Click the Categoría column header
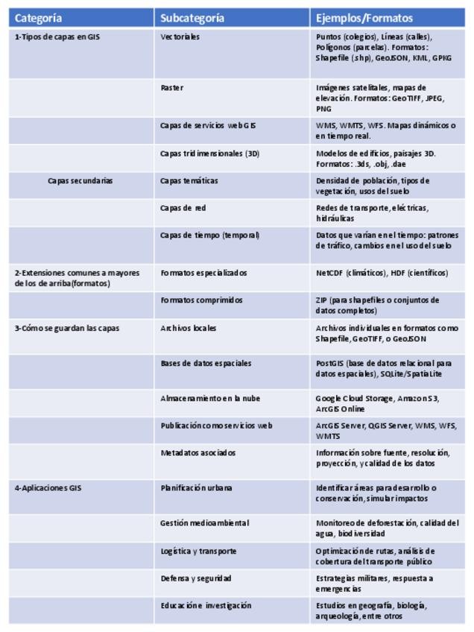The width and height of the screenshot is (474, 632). tap(39, 18)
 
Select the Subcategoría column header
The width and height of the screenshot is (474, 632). tap(193, 18)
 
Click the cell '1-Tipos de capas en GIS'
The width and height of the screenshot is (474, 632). tap(57, 37)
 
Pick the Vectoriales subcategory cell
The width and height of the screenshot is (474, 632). tap(180, 37)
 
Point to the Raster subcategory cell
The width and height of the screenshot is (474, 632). tap(172, 88)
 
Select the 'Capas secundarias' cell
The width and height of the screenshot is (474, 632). tap(80, 180)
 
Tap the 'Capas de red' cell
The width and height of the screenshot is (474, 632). tap(183, 208)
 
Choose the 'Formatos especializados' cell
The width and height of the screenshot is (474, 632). tap(203, 273)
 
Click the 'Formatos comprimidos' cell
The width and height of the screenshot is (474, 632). tap(202, 300)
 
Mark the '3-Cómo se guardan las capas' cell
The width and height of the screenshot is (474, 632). tap(67, 328)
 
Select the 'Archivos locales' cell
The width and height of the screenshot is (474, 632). tap(189, 328)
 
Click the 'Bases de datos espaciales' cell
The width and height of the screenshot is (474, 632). tap(206, 364)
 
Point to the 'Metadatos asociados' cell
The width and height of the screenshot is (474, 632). tap(197, 452)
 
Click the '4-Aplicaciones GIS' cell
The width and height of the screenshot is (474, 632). tap(48, 488)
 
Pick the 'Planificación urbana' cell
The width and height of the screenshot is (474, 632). tap(196, 488)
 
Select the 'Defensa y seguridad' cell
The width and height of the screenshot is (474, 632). tap(196, 578)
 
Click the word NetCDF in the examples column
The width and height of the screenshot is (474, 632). tap(329, 273)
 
